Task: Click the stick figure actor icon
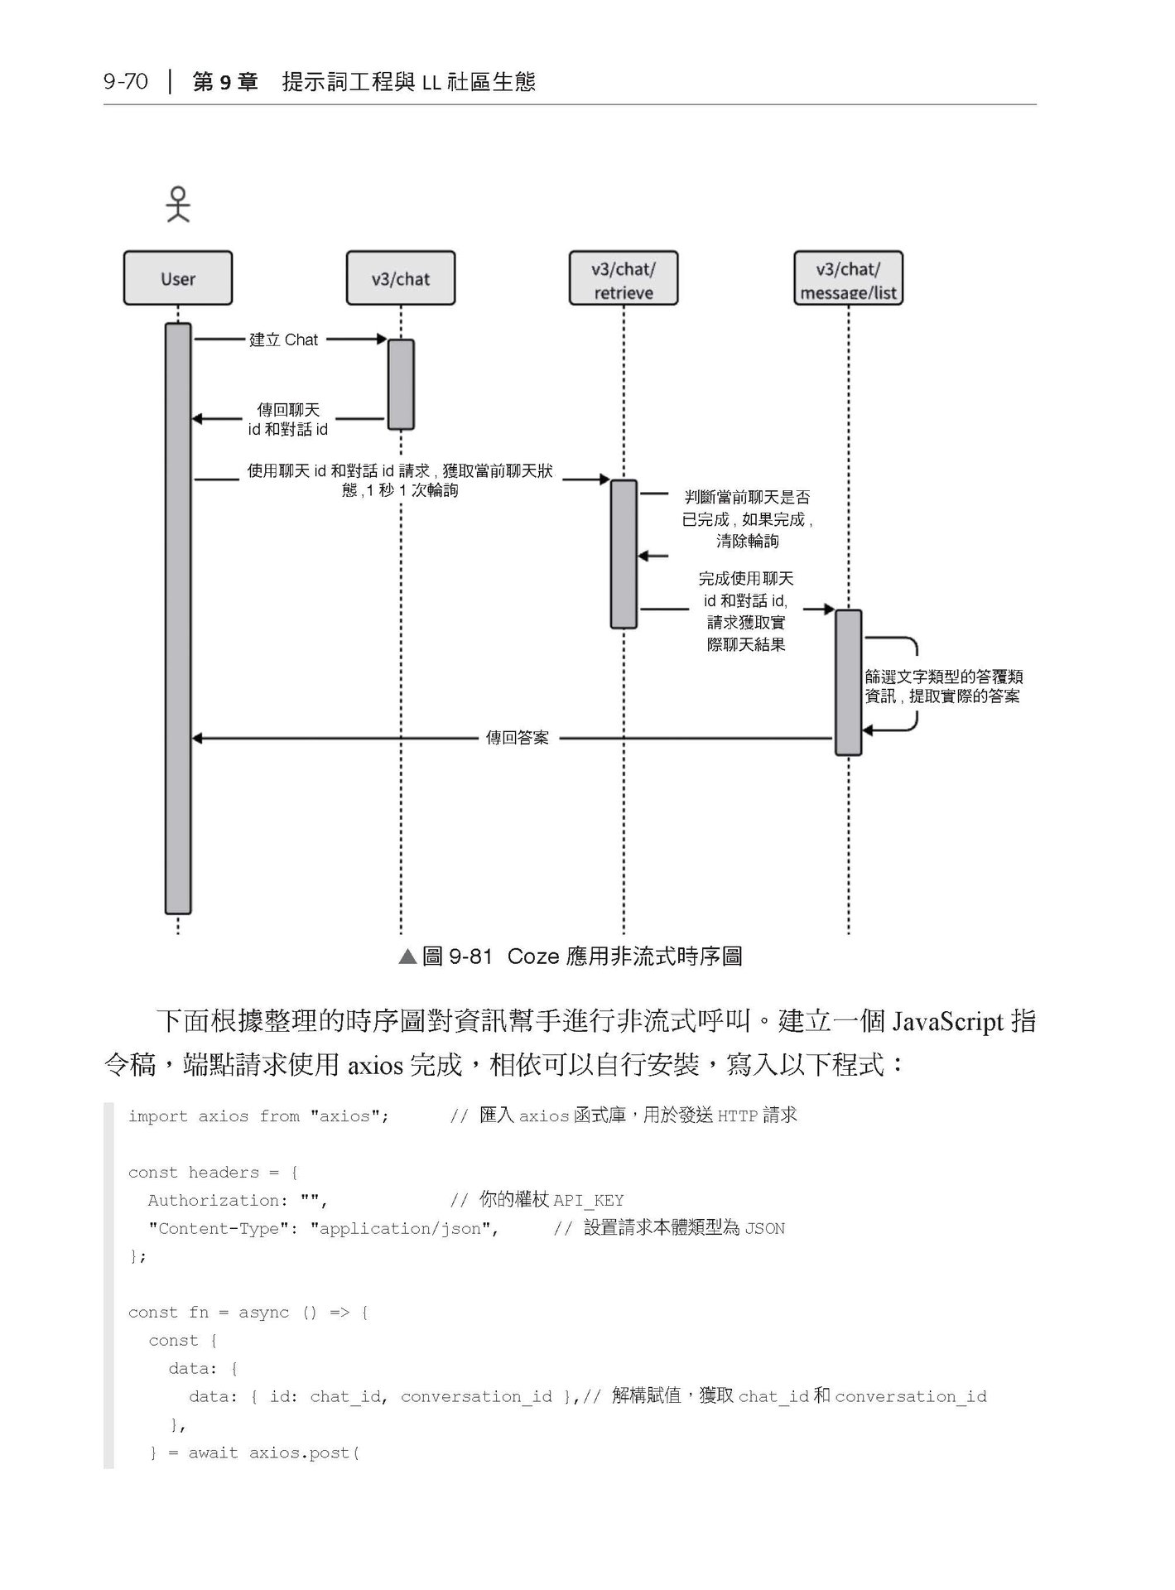click(178, 205)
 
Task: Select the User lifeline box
click(178, 278)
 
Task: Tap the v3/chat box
click(401, 278)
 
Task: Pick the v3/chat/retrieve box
click(623, 279)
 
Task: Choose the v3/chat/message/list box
click(848, 279)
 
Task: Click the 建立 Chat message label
click(284, 340)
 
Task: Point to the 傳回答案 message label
click(517, 738)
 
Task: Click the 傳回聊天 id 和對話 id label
click(288, 420)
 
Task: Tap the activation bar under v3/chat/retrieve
click(624, 553)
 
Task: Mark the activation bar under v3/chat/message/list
click(848, 682)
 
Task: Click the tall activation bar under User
click(178, 618)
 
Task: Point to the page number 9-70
click(126, 81)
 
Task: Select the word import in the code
click(158, 1116)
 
